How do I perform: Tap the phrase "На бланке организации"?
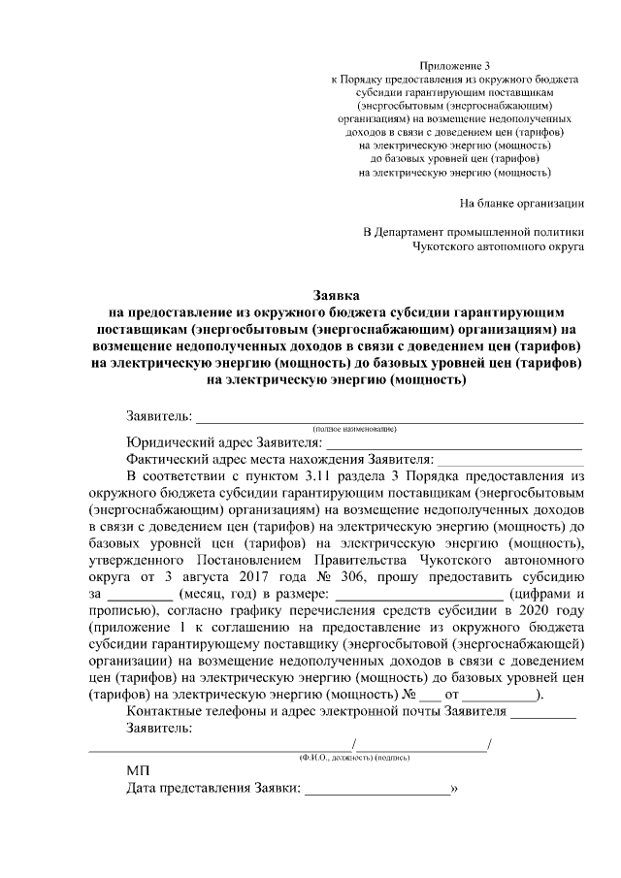pyautogui.click(x=521, y=204)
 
